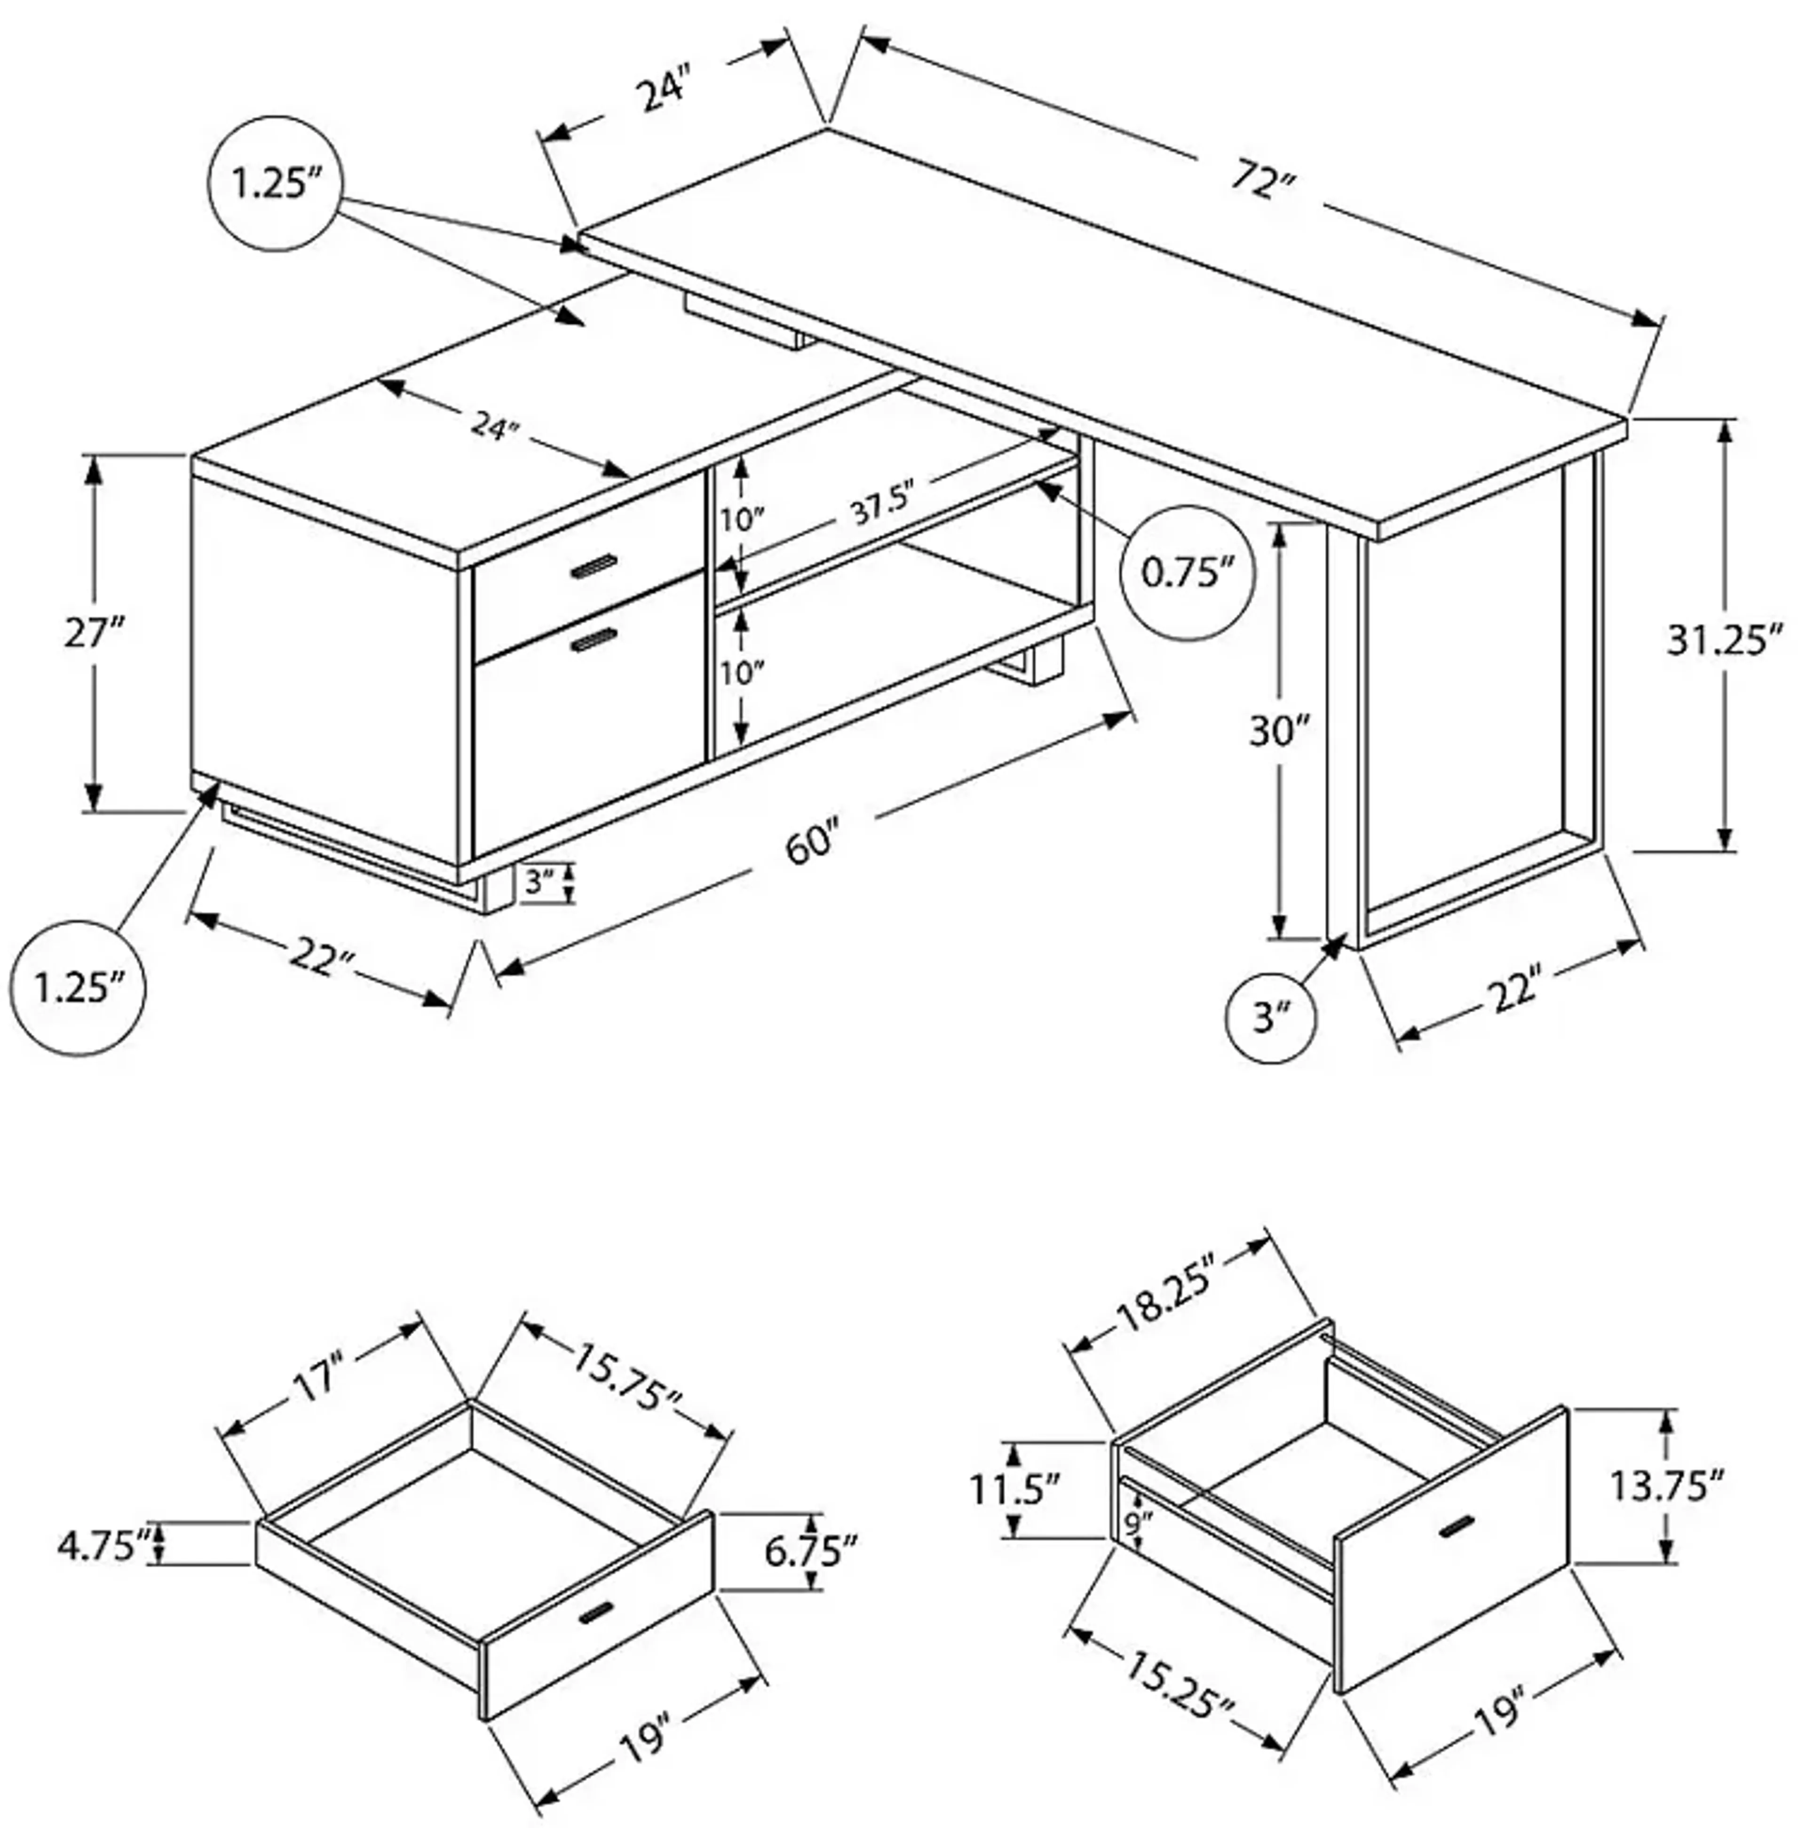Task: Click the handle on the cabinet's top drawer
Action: [593, 566]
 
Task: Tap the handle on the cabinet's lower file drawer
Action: [593, 641]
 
